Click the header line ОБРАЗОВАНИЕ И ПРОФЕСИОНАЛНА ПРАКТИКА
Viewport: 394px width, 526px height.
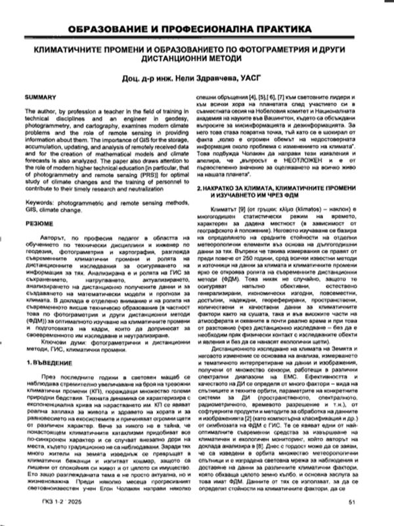197,30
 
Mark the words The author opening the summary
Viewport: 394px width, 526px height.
40,112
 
